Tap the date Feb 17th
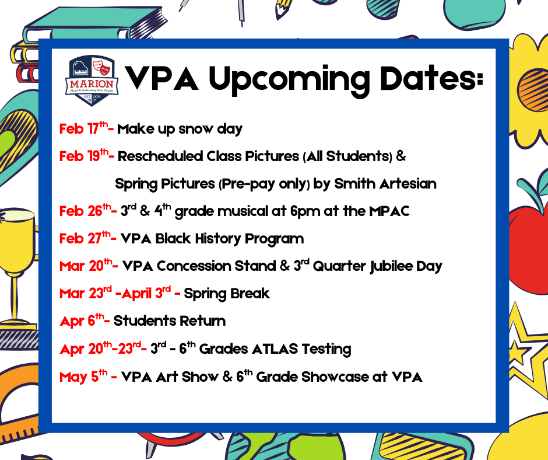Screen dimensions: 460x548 coord(83,129)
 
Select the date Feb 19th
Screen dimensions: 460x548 coord(85,156)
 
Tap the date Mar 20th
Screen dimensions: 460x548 coord(87,266)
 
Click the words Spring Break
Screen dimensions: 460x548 coord(227,293)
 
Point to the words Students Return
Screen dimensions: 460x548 coord(169,320)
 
